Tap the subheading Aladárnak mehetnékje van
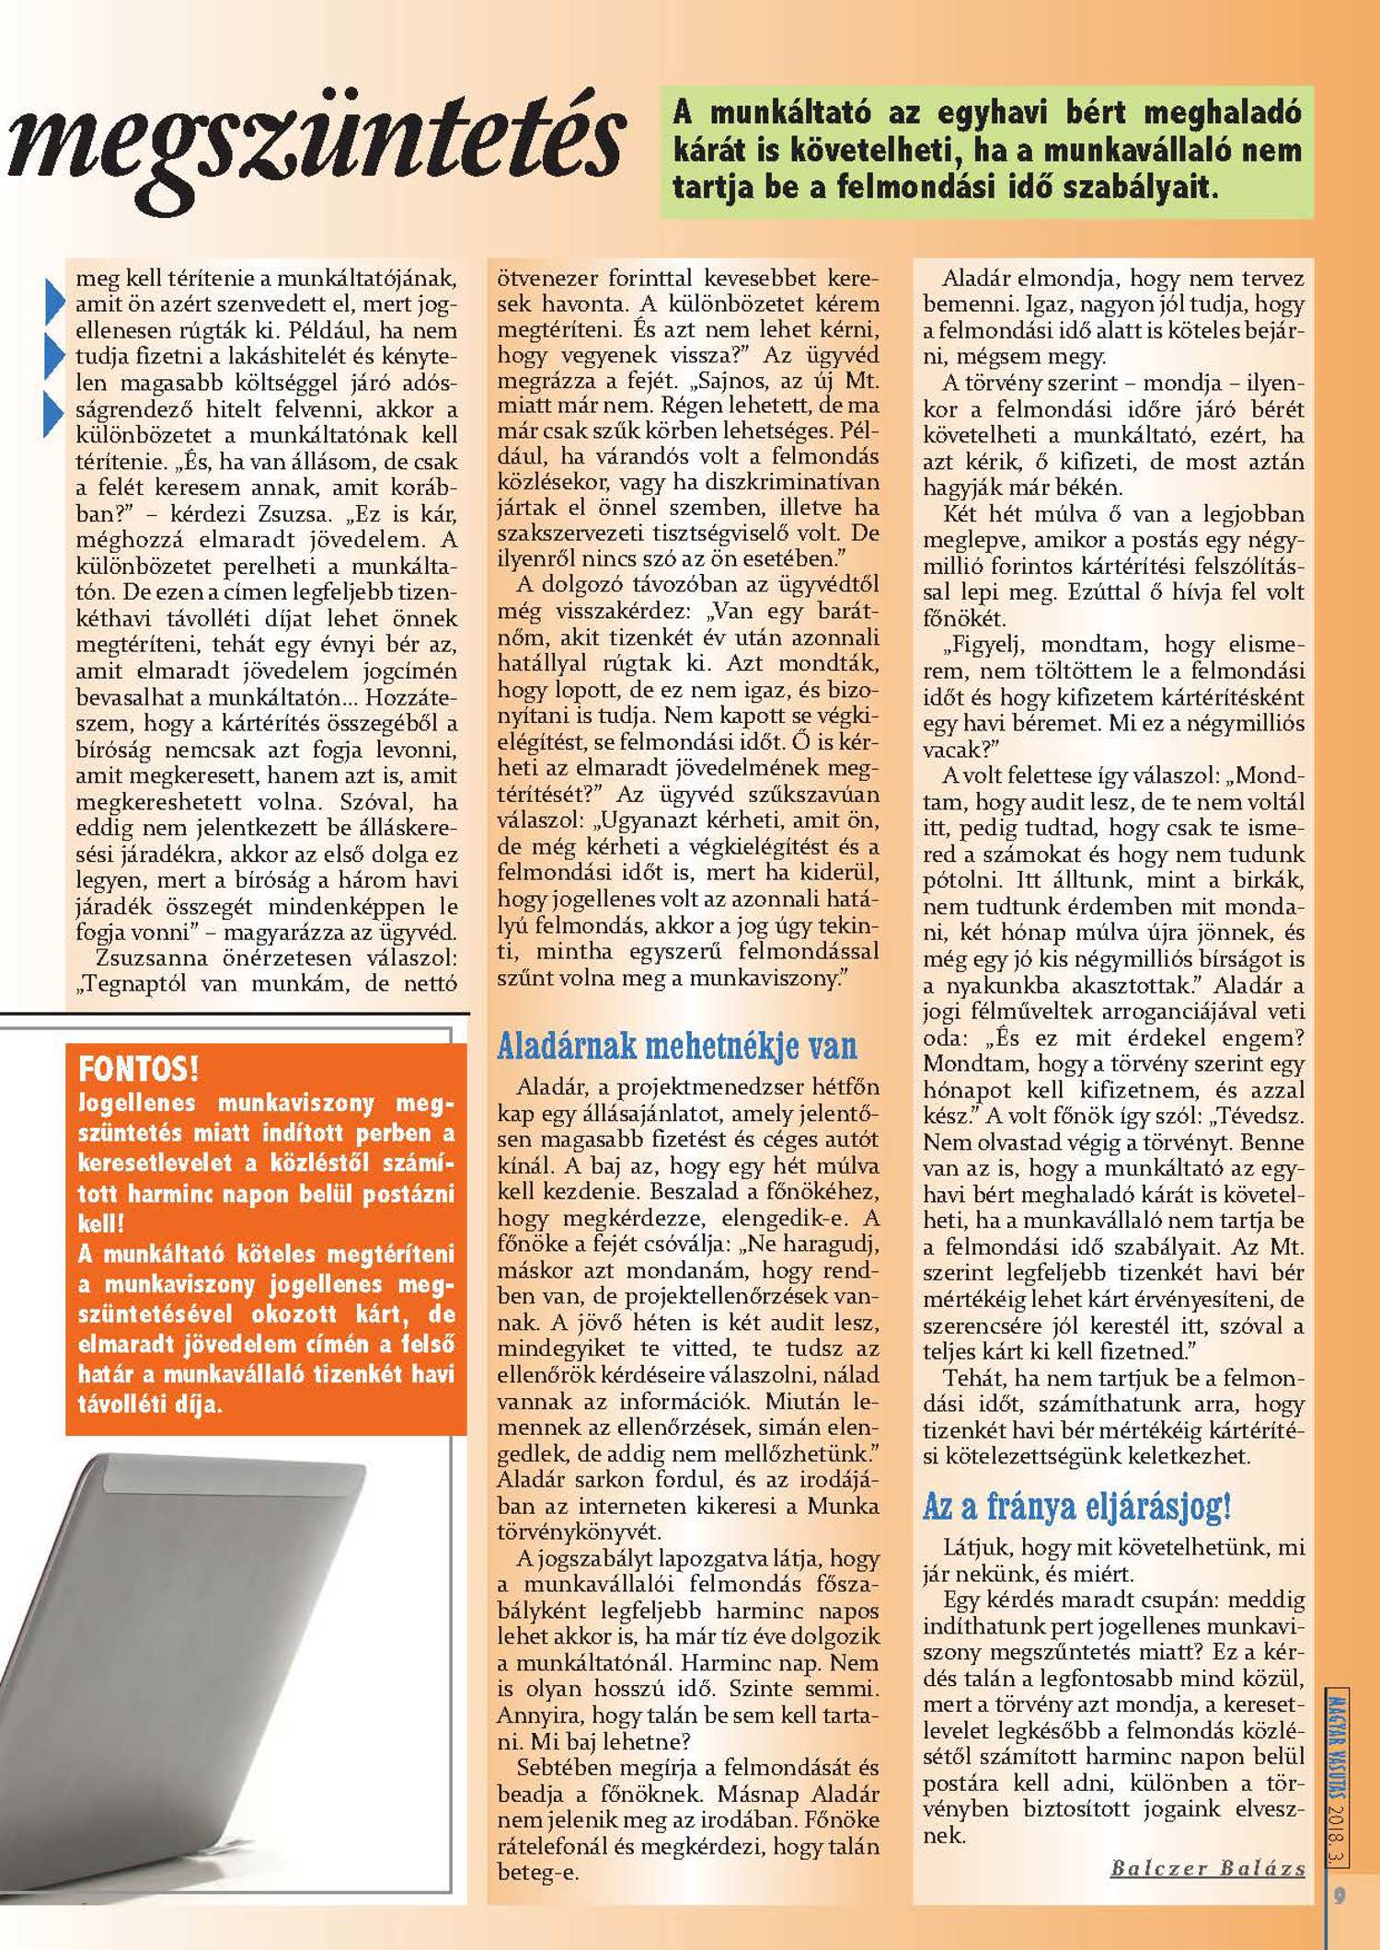pos(676,1045)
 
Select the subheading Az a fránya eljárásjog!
pos(1076,1506)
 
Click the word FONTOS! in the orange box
pos(139,1069)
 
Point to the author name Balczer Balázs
pos(1208,1868)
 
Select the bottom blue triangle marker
pos(54,411)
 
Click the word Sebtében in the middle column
pos(555,1768)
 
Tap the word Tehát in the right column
pos(971,1378)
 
